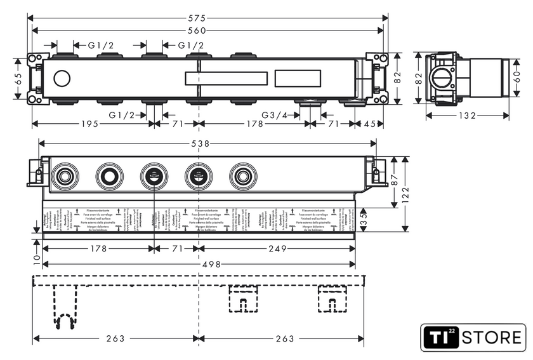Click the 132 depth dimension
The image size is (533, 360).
point(468,116)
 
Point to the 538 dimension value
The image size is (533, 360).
point(201,144)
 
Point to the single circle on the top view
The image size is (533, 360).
point(62,79)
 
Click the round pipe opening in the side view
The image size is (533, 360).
point(440,79)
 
